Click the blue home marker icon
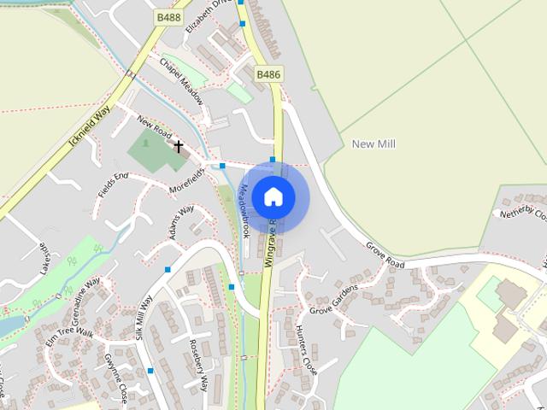tap(273, 196)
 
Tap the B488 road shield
tap(168, 16)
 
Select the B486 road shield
tap(269, 75)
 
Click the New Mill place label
tap(373, 144)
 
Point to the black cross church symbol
tap(179, 146)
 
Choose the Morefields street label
tap(187, 179)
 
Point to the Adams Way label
tap(179, 221)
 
